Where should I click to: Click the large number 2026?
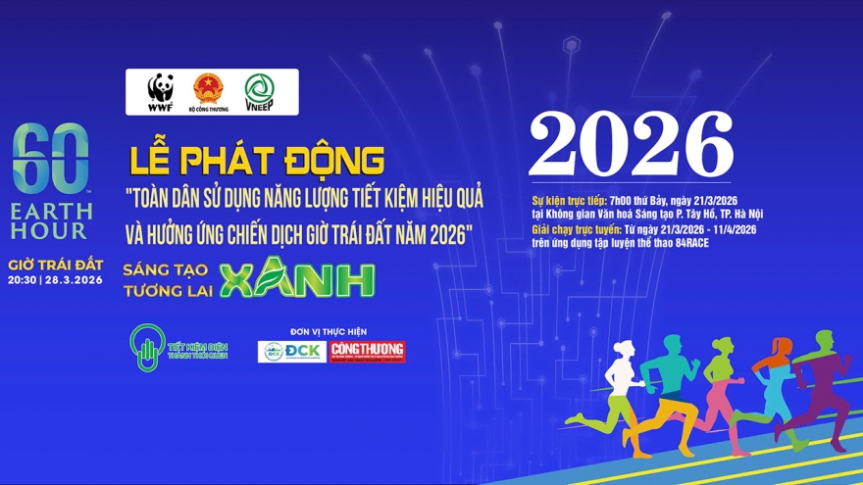[x=631, y=146]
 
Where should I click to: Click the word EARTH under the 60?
[x=52, y=210]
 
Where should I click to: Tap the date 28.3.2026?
[x=73, y=279]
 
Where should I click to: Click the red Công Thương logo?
[x=367, y=351]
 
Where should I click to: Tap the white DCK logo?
[x=291, y=351]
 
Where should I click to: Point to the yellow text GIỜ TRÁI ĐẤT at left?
[x=55, y=266]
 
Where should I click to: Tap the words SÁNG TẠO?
[x=167, y=267]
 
